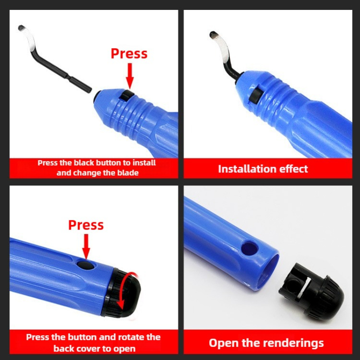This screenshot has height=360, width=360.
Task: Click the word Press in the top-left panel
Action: coord(129,54)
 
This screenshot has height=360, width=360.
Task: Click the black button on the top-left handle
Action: coord(128,95)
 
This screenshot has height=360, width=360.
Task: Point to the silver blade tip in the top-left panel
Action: coord(27,36)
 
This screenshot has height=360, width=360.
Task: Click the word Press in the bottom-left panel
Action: coord(85,225)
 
